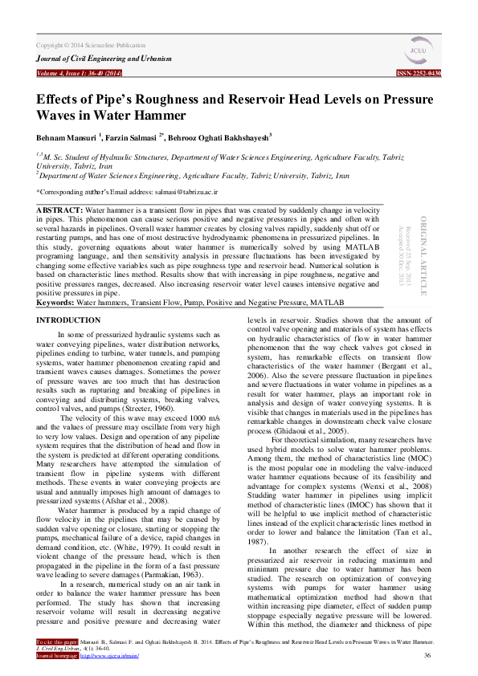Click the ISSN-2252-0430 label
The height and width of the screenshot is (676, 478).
(419, 73)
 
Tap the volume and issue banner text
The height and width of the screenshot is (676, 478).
(79, 73)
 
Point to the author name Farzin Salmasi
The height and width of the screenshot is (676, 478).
(132, 137)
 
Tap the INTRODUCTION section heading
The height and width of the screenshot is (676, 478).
(69, 320)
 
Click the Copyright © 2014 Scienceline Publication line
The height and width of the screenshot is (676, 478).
(91, 46)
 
